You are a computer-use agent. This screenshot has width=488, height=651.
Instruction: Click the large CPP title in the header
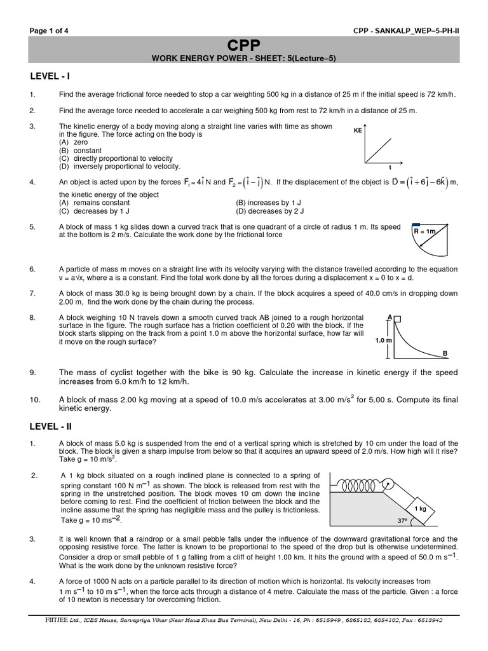[x=244, y=45]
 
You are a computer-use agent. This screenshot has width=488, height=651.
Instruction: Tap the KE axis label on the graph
[x=358, y=130]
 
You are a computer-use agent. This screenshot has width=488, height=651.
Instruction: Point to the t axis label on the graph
[x=390, y=167]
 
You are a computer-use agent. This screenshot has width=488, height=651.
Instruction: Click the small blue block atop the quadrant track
[x=417, y=224]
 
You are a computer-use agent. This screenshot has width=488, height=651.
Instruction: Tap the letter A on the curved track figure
[x=389, y=316]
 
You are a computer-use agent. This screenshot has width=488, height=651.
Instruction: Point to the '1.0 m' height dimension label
[x=383, y=340]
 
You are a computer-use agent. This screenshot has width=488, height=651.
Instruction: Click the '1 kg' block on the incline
[x=420, y=509]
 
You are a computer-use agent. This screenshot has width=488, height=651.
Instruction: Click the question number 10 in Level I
[x=35, y=400]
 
